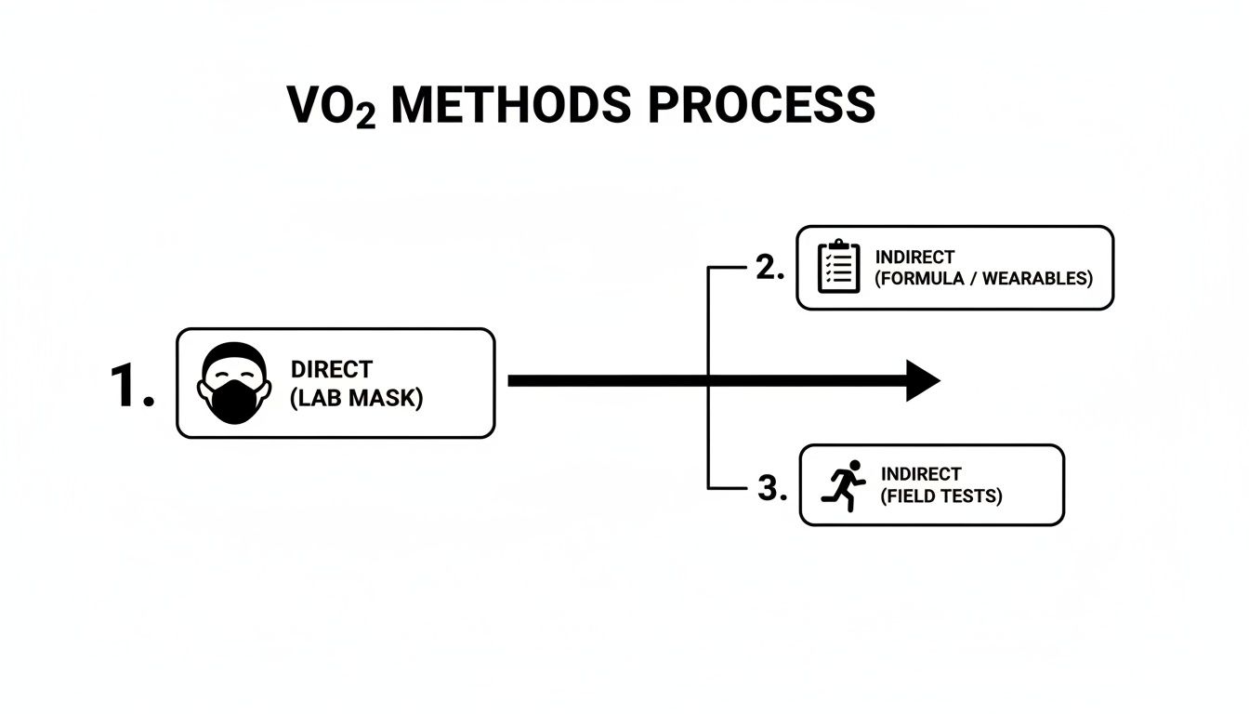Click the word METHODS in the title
tap(511, 105)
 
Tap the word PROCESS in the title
tap(762, 105)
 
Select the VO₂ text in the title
tap(331, 106)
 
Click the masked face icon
tap(234, 383)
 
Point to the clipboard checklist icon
tap(838, 267)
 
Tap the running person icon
tap(844, 485)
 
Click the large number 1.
tap(132, 385)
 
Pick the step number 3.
tap(772, 487)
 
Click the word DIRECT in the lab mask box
tap(332, 369)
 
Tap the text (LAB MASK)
tap(357, 398)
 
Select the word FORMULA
tap(919, 278)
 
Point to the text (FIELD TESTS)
tap(941, 496)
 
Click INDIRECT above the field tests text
tap(921, 474)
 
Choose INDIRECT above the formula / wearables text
tap(914, 258)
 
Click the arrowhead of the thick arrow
tap(923, 381)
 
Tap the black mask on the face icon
tap(234, 402)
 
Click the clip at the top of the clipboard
tap(838, 245)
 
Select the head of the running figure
tap(854, 467)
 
